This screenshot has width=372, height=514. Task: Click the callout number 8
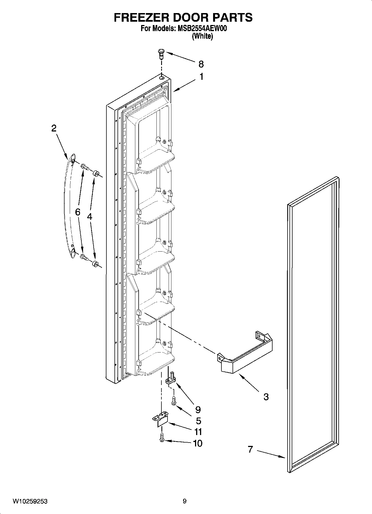coord(201,64)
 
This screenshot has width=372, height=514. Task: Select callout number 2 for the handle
coord(54,128)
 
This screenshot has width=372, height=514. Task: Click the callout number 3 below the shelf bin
coord(266,397)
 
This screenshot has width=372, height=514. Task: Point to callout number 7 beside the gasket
coord(250,449)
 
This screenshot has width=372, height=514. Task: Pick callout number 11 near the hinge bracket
coord(198,432)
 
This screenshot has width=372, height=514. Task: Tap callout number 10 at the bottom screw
coord(198,443)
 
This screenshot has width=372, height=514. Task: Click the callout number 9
coord(198,409)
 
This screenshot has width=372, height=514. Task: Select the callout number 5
coord(198,421)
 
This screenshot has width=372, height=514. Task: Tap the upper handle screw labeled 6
coord(84,167)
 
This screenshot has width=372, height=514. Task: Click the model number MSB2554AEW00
coord(202,29)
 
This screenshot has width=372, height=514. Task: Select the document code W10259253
coord(30,501)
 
